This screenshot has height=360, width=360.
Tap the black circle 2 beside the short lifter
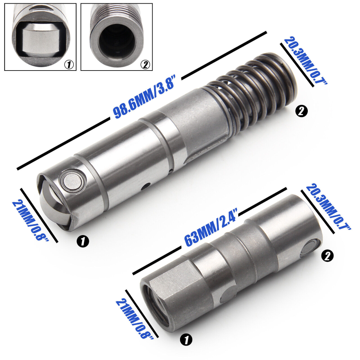tap(328, 256)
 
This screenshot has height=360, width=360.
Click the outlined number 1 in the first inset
tap(68, 65)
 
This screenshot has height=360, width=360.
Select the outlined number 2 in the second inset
tap(145, 65)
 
